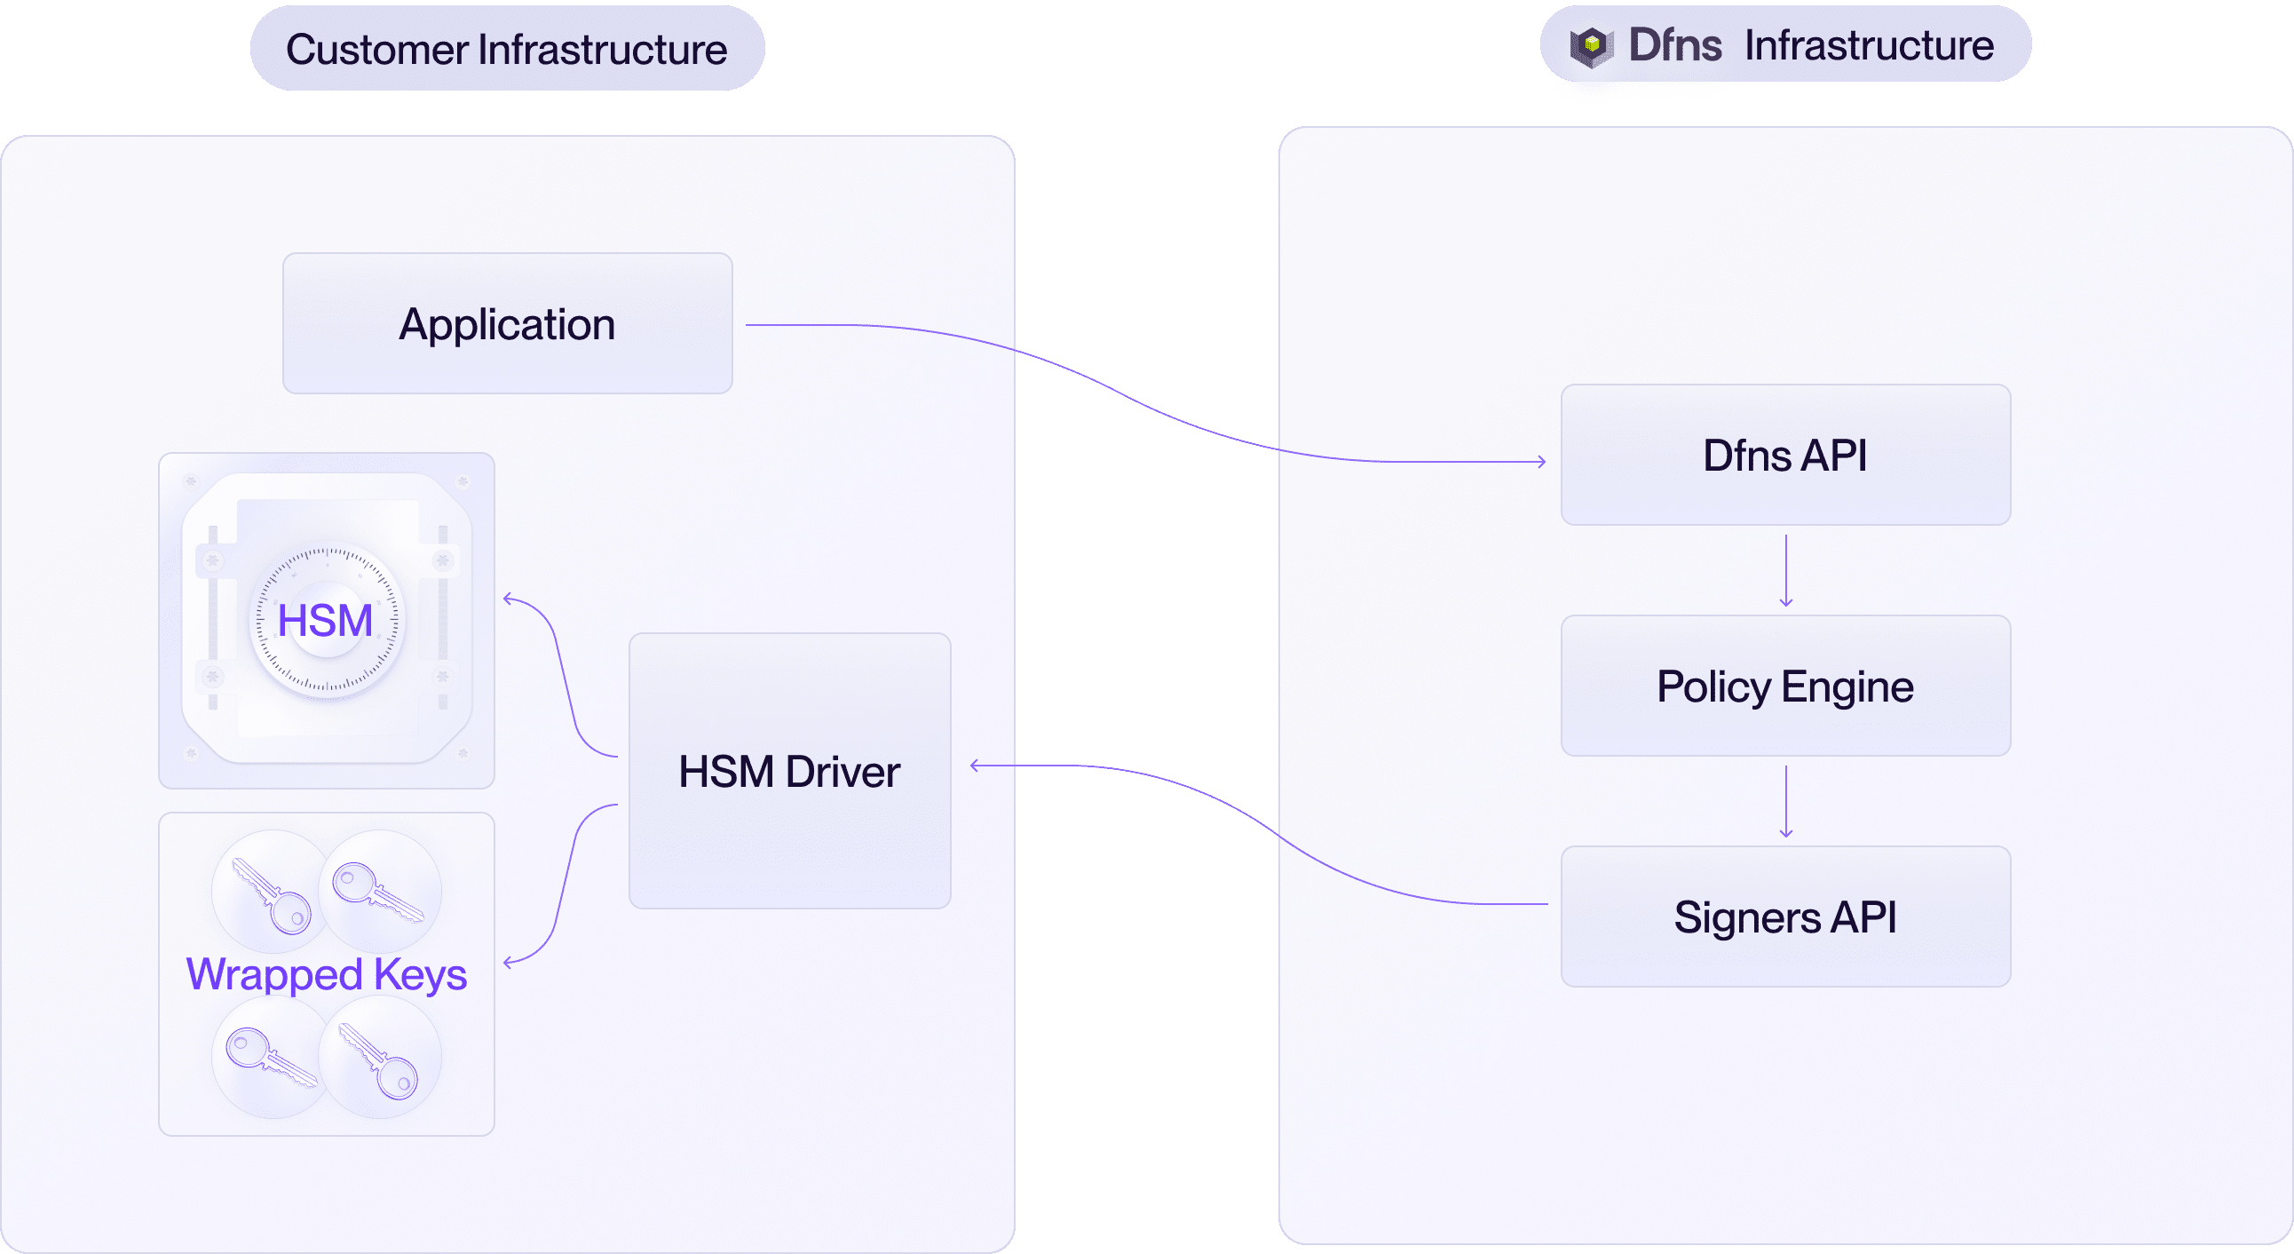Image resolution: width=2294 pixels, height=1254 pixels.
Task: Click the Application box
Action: (x=508, y=323)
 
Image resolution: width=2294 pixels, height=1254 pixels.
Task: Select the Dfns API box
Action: (x=1784, y=455)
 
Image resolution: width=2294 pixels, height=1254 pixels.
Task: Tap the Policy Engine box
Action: (x=1784, y=686)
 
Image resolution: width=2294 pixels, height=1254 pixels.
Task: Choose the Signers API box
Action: (x=1784, y=917)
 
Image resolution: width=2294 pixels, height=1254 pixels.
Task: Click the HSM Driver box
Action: (x=789, y=770)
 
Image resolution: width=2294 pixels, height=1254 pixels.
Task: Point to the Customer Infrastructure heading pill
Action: (x=507, y=49)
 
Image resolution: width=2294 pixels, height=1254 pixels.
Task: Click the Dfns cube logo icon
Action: (x=1592, y=46)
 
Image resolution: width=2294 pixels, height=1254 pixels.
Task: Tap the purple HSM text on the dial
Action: (x=325, y=620)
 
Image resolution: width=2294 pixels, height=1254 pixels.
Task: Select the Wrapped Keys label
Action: (x=326, y=973)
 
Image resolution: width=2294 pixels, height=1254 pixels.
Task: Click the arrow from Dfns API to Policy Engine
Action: (x=1785, y=570)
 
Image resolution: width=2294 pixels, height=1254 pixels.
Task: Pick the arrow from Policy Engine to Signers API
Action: (x=1785, y=802)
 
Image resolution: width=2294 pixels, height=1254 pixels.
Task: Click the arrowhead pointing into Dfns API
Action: (x=1541, y=461)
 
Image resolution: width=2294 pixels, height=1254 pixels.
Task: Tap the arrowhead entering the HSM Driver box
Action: (x=975, y=765)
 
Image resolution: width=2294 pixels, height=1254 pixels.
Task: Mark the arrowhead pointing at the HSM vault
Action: (x=509, y=599)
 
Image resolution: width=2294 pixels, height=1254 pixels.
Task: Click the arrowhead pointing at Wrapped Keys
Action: (x=509, y=962)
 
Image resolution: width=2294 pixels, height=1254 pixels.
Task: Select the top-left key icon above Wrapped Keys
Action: (x=273, y=893)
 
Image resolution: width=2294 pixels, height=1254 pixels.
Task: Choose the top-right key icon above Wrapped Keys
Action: (x=378, y=891)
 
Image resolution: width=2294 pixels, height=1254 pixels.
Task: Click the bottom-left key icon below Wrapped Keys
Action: (x=271, y=1057)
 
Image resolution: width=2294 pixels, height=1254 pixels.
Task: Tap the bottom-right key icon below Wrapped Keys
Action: (x=379, y=1059)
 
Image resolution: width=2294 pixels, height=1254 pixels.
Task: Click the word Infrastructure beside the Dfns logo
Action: (x=1869, y=45)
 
